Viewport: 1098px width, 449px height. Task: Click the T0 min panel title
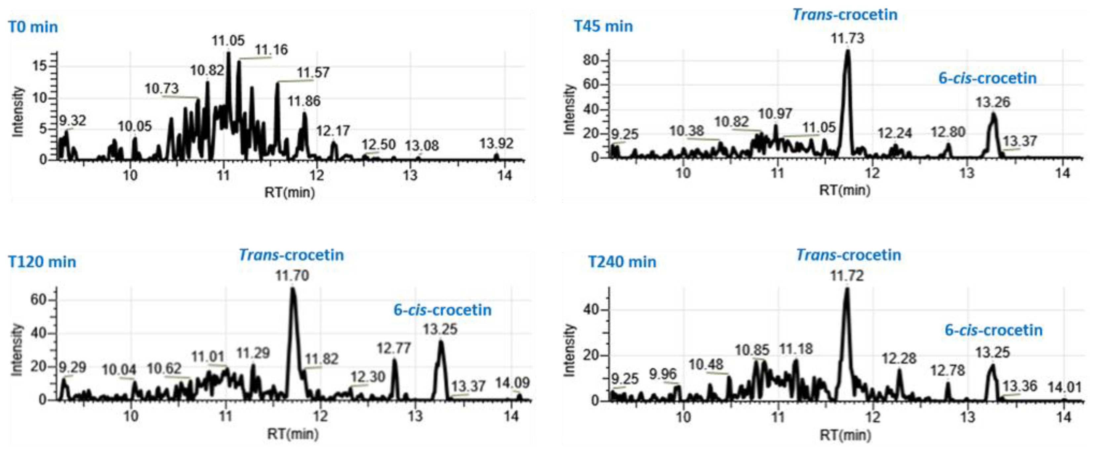pos(33,27)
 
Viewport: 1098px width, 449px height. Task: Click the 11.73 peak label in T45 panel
pos(847,38)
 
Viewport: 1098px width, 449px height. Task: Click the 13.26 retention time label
pos(993,102)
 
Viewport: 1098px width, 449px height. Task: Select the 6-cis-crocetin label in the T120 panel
pos(442,310)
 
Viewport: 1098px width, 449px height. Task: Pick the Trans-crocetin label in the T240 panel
pos(848,255)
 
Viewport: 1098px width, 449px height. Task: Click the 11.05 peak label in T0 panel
pos(228,41)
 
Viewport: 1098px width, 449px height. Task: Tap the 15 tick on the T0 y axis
pos(43,66)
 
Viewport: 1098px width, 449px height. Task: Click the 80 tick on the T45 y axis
pos(591,61)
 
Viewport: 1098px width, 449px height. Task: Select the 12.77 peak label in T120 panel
pos(393,349)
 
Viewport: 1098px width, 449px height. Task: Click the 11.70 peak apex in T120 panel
pos(292,289)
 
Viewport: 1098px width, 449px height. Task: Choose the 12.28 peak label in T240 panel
pos(899,359)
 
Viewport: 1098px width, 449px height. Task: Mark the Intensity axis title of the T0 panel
pos(18,112)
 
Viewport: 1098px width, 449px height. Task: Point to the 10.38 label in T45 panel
pos(686,131)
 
